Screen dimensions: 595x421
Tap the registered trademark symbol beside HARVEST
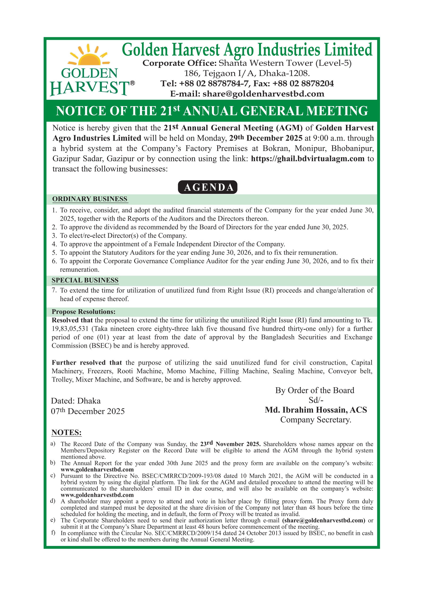click(132, 83)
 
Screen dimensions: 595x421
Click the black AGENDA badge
click(208, 187)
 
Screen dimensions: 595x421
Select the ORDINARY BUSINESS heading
click(90, 199)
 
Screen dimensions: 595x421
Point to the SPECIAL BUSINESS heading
click(85, 280)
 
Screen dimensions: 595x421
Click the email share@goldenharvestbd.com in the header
click(263, 94)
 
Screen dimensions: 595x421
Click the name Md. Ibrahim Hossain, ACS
click(316, 410)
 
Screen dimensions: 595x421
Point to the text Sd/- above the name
click(316, 400)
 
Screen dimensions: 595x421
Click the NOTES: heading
click(67, 433)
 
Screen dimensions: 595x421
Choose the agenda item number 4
click(54, 244)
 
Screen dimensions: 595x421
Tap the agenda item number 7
click(54, 290)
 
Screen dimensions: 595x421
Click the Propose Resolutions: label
click(83, 312)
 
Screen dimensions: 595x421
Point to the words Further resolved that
click(87, 362)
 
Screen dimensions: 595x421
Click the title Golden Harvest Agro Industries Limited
click(247, 50)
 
